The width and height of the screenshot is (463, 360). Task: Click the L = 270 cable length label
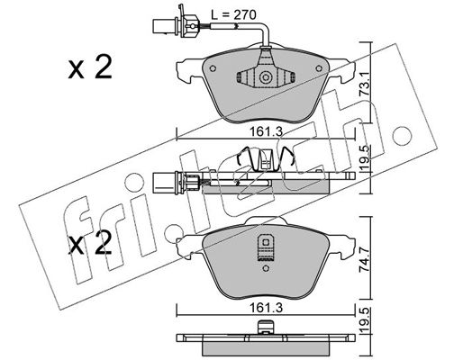[233, 14]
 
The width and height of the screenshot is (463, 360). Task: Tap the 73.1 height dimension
[365, 85]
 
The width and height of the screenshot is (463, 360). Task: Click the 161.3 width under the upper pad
[266, 131]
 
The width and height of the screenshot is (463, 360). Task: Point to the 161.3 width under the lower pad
[266, 308]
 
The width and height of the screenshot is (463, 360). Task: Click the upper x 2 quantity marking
[90, 67]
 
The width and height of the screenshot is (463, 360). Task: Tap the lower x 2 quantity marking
[90, 243]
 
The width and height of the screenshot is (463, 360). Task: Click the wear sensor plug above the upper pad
[176, 25]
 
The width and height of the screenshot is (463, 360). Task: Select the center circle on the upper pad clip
[266, 77]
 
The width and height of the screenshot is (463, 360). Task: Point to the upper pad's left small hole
[213, 68]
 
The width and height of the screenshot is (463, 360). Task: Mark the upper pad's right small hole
[319, 68]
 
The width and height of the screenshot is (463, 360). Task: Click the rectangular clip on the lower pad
[265, 247]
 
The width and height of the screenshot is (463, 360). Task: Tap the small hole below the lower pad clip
[265, 268]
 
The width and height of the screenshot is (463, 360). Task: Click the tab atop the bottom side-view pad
[266, 328]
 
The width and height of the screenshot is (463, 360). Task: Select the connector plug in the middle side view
[176, 182]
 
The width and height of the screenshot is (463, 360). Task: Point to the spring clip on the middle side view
[265, 160]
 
